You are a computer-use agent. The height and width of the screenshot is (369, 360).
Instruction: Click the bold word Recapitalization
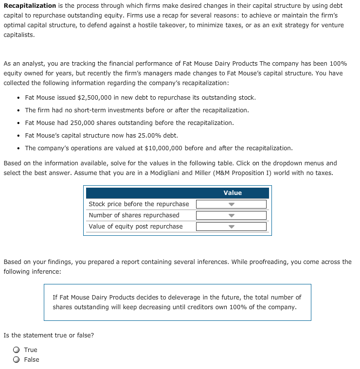30,6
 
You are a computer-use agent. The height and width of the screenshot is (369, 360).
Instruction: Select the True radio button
17,350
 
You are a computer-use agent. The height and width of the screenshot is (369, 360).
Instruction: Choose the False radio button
17,360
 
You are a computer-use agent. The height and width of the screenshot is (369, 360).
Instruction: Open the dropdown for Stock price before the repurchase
231,204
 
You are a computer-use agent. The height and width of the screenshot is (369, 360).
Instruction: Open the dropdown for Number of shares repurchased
231,215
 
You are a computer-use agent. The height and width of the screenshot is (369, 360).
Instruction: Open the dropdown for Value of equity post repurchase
231,227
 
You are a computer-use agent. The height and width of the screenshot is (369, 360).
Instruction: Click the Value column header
233,193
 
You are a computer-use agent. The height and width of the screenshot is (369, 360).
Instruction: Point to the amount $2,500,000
94,98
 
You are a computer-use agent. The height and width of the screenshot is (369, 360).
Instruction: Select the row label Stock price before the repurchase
139,204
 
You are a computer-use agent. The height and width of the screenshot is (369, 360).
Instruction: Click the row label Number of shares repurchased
134,215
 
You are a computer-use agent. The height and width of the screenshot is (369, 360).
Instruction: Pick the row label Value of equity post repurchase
136,227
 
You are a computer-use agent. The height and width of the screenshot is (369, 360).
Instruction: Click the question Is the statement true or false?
49,335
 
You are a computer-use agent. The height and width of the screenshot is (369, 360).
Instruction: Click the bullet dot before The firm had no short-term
18,110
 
